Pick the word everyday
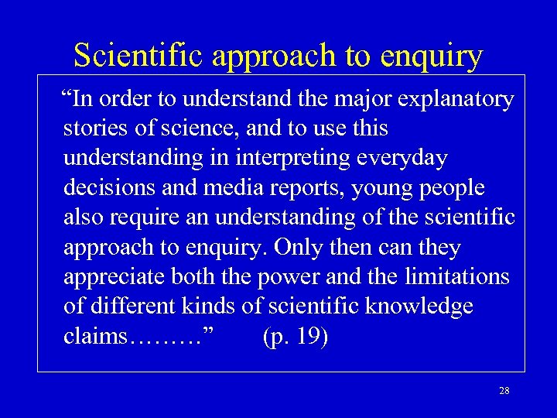click(408, 158)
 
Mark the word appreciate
click(118, 278)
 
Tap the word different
click(132, 307)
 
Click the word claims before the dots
click(96, 337)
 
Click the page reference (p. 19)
click(296, 337)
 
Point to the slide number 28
click(504, 391)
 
